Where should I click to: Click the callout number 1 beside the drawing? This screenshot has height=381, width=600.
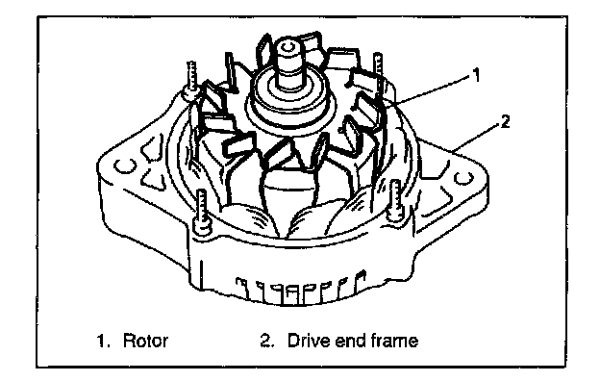(x=476, y=75)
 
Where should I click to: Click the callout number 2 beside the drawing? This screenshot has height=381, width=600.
(x=505, y=122)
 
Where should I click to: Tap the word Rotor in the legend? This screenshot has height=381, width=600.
(x=145, y=341)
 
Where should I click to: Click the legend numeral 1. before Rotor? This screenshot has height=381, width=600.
(x=103, y=341)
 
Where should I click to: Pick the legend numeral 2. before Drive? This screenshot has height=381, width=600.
(x=267, y=341)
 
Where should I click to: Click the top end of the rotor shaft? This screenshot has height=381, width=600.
(x=287, y=47)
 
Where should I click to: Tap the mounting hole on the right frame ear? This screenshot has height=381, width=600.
(x=463, y=178)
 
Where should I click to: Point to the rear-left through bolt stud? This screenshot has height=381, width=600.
(x=191, y=80)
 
